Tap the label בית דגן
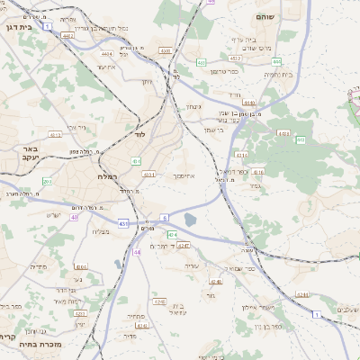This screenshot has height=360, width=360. point(18,27)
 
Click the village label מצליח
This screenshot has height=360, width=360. point(100,232)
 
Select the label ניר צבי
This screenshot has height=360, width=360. point(76,128)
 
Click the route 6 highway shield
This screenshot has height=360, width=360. point(166,218)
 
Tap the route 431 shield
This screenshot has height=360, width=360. point(123,223)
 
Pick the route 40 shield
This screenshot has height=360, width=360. point(75,217)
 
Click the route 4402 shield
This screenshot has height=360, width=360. point(67,36)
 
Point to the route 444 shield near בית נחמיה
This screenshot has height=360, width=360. point(300,139)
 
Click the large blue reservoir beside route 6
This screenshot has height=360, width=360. point(189,219)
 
